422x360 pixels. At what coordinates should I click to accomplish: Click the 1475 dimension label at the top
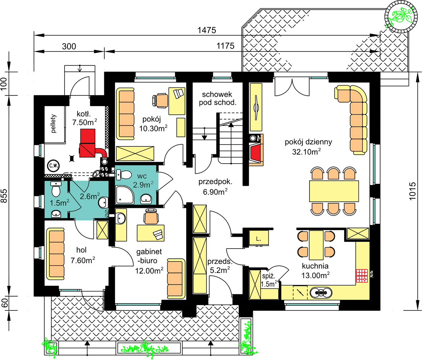207,30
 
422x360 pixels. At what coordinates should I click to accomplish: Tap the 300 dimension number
69,46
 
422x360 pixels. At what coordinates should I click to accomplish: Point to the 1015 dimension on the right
412,191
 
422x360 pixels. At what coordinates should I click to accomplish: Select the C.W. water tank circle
54,165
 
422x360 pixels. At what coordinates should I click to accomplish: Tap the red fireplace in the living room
256,152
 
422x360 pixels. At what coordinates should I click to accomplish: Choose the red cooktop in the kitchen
362,276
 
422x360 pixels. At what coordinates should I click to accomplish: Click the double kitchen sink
321,293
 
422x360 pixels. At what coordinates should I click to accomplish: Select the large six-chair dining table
334,191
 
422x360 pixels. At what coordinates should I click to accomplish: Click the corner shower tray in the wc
125,194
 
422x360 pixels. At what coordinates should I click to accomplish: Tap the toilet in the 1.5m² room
56,189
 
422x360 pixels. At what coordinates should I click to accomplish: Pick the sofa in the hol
55,254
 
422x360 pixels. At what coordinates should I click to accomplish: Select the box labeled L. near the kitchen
258,238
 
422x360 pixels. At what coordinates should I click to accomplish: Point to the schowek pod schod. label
217,98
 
